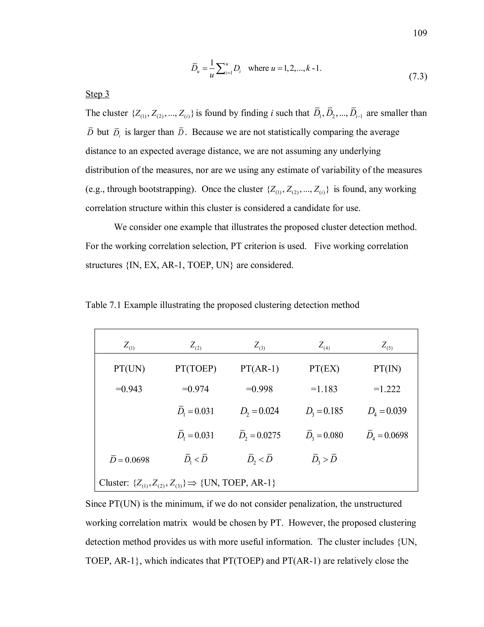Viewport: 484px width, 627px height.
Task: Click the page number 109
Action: coord(420,33)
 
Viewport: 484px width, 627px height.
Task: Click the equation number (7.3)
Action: coord(418,77)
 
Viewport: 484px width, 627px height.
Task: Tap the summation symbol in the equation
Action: coord(220,68)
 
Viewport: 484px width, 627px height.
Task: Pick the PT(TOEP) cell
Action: coord(195,368)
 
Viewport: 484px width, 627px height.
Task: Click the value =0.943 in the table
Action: coord(129,389)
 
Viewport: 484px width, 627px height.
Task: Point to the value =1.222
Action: coord(387,389)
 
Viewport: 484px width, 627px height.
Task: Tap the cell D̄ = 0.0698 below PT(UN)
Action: coord(129,460)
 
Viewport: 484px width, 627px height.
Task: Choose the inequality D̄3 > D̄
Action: coord(324,459)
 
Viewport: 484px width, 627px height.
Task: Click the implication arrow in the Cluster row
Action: coord(192,483)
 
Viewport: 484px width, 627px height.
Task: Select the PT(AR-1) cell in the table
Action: coord(259,368)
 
